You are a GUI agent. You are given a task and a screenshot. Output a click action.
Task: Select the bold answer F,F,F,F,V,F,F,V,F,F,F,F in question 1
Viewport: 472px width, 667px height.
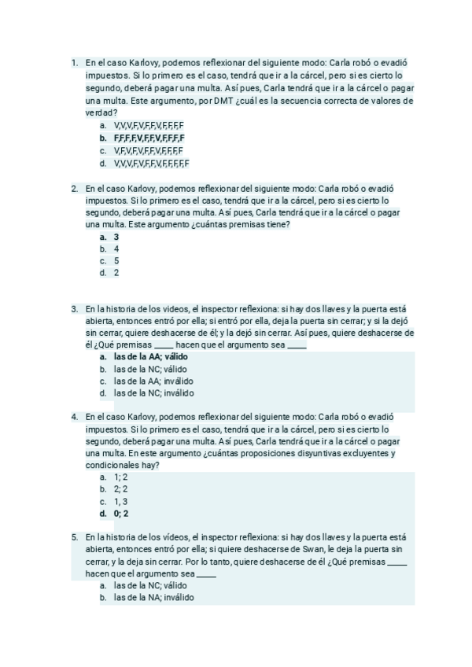point(149,138)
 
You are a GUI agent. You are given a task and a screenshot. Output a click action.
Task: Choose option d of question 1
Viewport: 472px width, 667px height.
point(151,164)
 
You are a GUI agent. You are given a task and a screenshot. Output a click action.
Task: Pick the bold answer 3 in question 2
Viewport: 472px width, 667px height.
point(116,237)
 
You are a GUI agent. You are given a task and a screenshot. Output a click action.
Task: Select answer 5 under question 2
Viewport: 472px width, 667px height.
point(116,260)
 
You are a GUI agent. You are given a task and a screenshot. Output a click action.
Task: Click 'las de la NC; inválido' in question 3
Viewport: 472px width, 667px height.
point(153,393)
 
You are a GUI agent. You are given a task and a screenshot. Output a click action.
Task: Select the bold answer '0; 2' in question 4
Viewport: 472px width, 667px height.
point(120,514)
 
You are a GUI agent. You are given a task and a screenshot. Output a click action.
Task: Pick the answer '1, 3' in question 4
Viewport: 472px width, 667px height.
point(120,501)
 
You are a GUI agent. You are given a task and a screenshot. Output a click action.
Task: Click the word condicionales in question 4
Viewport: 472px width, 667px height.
point(112,466)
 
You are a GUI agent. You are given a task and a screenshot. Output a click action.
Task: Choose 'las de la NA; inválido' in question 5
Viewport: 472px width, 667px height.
point(153,597)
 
